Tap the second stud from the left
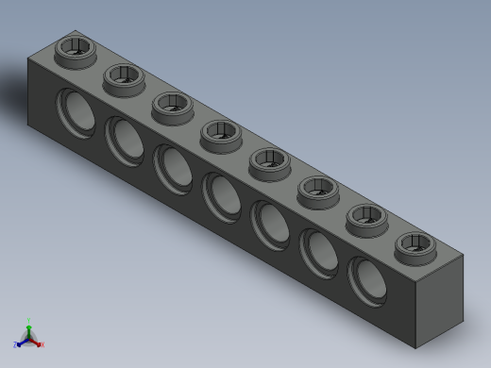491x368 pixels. pos(121,76)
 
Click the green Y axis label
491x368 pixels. pos(29,321)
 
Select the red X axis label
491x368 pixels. pos(42,344)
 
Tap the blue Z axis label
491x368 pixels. pos(16,344)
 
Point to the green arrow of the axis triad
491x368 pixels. pos(29,329)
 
